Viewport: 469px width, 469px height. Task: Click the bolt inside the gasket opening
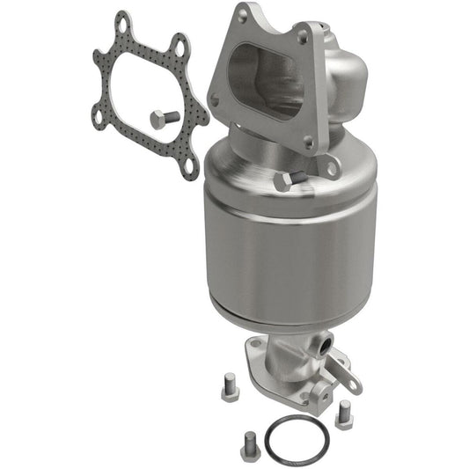tap(165, 118)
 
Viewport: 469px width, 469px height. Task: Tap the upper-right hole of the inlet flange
tap(304, 35)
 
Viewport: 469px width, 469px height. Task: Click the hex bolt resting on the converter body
tap(289, 180)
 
